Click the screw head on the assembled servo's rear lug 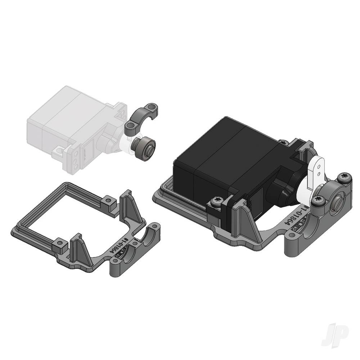[x=283, y=143]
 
